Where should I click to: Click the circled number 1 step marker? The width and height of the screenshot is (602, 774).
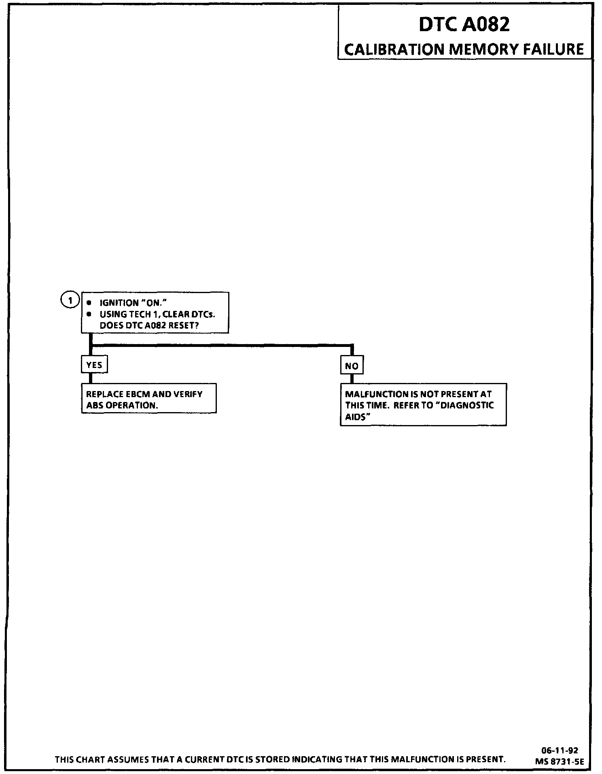(70, 300)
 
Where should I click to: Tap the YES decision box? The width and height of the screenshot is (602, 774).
(94, 365)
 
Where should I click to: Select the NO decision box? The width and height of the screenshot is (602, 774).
(352, 366)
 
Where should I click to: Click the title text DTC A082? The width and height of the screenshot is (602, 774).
(464, 25)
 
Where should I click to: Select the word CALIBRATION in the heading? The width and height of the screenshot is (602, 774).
(394, 49)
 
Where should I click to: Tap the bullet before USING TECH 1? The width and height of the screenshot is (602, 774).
(89, 314)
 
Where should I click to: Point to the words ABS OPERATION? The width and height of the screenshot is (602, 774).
(122, 405)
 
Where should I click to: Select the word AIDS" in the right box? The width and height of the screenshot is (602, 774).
(358, 417)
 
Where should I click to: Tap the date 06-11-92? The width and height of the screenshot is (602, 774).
(560, 750)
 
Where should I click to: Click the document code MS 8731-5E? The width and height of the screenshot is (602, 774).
(560, 761)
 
